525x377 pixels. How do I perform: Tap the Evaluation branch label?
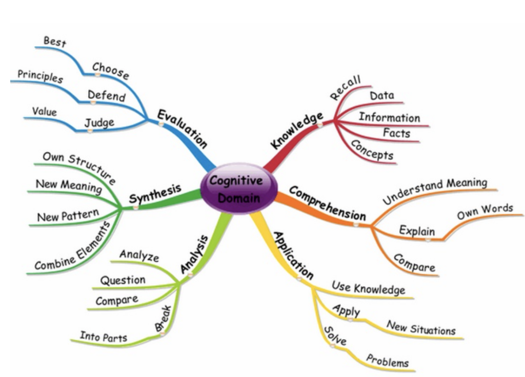[x=182, y=128]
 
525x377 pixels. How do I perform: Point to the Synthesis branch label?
[x=155, y=194]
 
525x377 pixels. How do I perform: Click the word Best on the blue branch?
[x=55, y=41]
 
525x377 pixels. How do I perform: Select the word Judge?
[x=99, y=123]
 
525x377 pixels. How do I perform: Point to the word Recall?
[x=346, y=88]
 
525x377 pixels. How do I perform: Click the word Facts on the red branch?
[x=396, y=133]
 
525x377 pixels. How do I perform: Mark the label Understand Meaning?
[x=435, y=191]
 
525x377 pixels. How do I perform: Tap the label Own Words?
[x=485, y=210]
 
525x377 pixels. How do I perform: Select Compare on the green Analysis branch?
[x=116, y=300]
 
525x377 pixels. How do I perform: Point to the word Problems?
[x=387, y=360]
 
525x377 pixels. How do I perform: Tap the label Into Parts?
[x=104, y=337]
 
